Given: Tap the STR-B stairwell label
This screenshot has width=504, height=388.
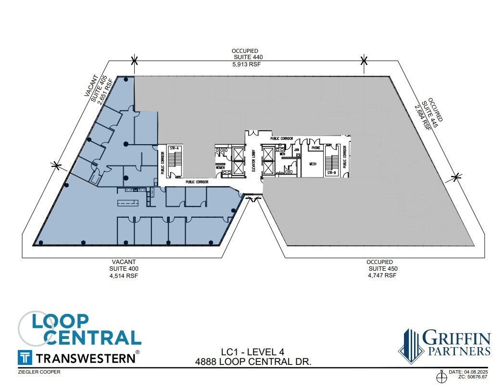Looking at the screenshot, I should coord(331,172).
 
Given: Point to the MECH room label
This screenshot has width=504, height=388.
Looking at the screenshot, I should coord(313,164).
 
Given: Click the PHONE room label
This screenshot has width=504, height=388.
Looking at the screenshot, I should coord(315,148).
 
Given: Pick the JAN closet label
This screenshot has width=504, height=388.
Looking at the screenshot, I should coord(297,150).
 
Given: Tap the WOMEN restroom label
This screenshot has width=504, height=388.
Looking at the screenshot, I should coord(220,167).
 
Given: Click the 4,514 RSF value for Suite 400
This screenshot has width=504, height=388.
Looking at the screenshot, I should coord(124,275).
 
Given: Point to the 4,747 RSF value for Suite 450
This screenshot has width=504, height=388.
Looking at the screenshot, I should coord(382,275).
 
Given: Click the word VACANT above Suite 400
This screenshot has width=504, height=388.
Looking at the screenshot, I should coord(124,262).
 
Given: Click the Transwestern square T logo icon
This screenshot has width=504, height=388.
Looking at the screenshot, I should coord(25,358).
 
